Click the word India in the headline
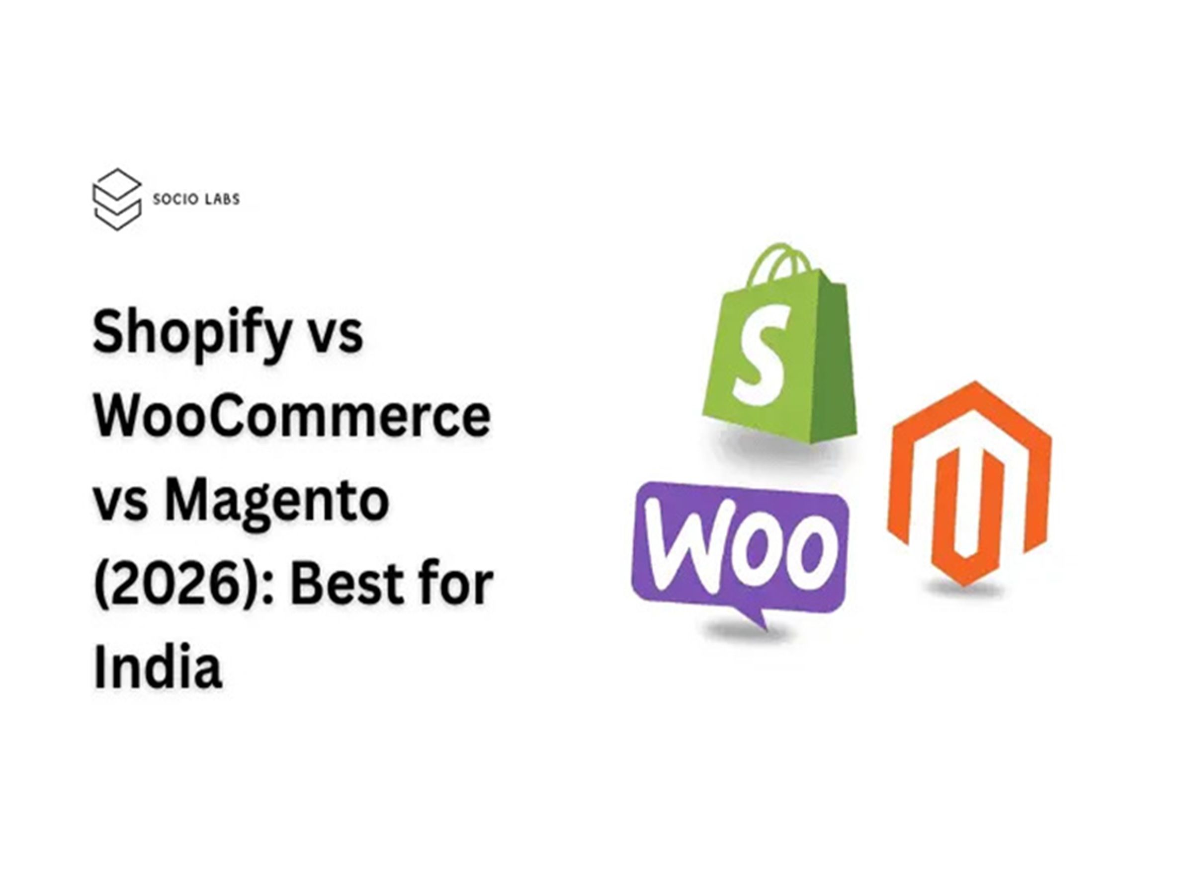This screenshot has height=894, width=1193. pyautogui.click(x=158, y=668)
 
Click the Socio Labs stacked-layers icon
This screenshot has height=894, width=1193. pyautogui.click(x=117, y=199)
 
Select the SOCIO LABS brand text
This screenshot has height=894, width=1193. pyautogui.click(x=196, y=199)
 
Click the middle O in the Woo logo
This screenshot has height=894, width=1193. pyautogui.click(x=753, y=550)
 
